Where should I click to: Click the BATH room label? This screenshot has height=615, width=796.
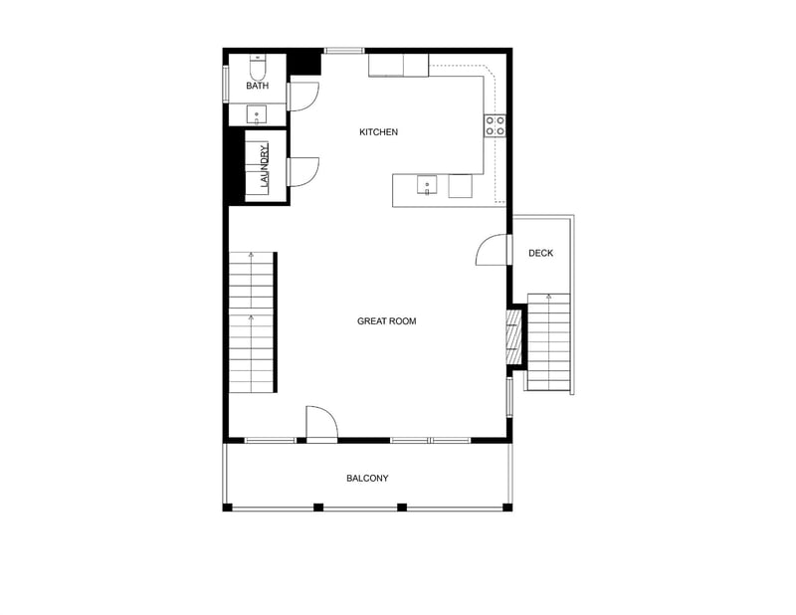(x=258, y=86)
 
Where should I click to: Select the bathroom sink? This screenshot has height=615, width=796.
(x=257, y=114)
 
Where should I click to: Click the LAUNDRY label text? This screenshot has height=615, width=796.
(x=264, y=167)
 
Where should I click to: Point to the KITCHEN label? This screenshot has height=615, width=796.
(x=378, y=132)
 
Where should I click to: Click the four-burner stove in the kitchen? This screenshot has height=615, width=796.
(x=495, y=125)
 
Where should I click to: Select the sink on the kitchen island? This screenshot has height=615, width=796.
(x=426, y=185)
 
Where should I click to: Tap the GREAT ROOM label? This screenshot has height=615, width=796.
(x=386, y=321)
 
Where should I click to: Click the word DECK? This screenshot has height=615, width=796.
(x=540, y=254)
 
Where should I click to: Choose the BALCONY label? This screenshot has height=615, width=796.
(x=367, y=479)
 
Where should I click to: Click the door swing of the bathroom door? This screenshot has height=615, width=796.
(x=303, y=96)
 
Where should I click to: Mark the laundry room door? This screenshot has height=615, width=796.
(x=303, y=171)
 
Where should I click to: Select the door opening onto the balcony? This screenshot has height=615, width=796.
(x=321, y=423)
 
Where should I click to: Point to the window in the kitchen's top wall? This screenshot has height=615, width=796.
(x=344, y=51)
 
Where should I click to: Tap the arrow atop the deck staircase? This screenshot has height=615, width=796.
(x=548, y=297)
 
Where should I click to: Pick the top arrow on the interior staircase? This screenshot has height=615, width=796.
(x=251, y=257)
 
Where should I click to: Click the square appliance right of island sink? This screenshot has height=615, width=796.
(x=460, y=186)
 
